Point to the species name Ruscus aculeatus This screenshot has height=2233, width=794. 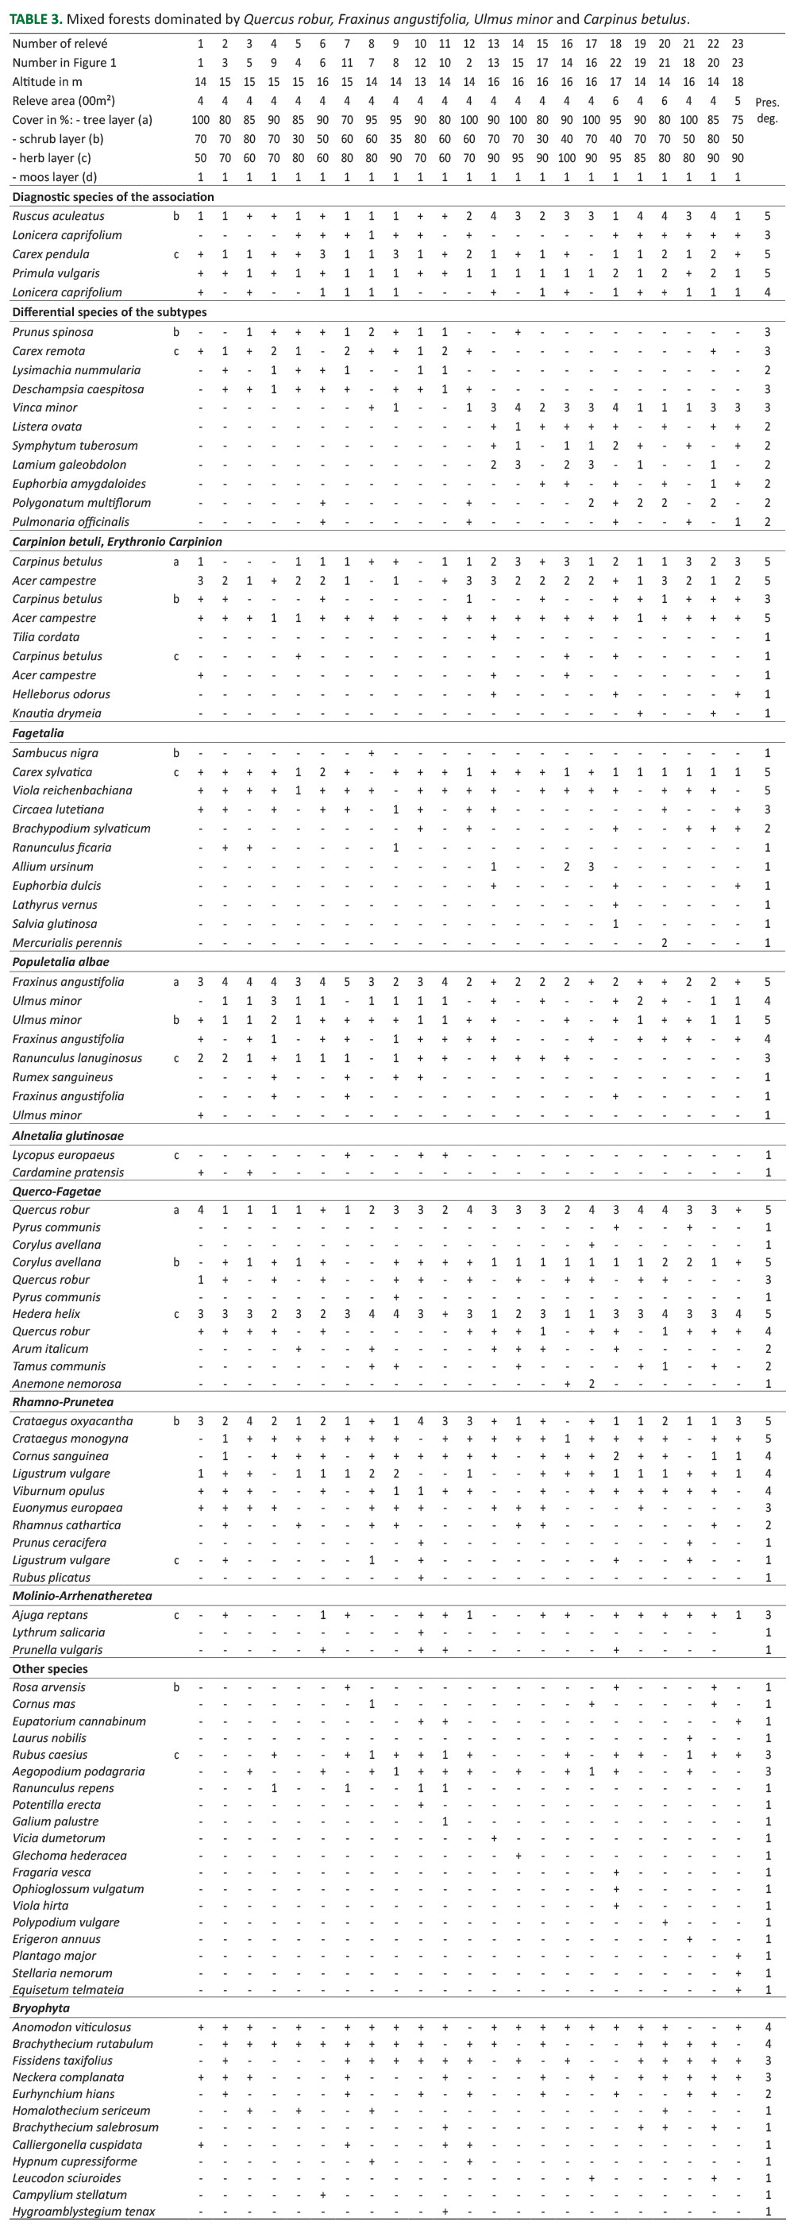58,216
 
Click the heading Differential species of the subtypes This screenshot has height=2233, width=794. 110,312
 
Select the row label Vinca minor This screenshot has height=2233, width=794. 45,408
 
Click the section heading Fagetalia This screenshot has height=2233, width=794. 37,733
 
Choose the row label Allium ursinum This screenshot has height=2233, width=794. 53,867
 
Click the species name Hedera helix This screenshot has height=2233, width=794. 46,1314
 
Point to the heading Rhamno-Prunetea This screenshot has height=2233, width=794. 63,1402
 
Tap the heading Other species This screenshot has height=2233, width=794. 49,1669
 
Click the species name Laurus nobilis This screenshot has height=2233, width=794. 49,1738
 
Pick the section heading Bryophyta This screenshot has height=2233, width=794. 40,2008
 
